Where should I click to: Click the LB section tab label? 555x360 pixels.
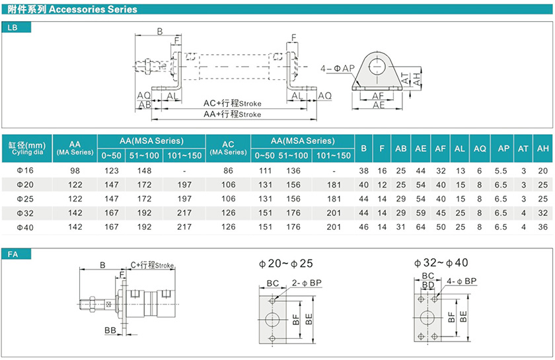[13, 27]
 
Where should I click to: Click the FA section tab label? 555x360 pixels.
[13, 254]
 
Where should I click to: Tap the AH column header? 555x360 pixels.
[542, 149]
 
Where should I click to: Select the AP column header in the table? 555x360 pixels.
[503, 149]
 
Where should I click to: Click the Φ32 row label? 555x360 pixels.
[25, 213]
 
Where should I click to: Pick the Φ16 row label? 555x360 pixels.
[25, 170]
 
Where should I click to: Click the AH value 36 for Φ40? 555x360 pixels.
[542, 227]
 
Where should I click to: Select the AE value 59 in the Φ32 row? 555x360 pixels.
[420, 213]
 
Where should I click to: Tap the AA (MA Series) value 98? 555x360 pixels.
[75, 170]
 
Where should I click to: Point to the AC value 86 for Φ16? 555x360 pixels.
[229, 170]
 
